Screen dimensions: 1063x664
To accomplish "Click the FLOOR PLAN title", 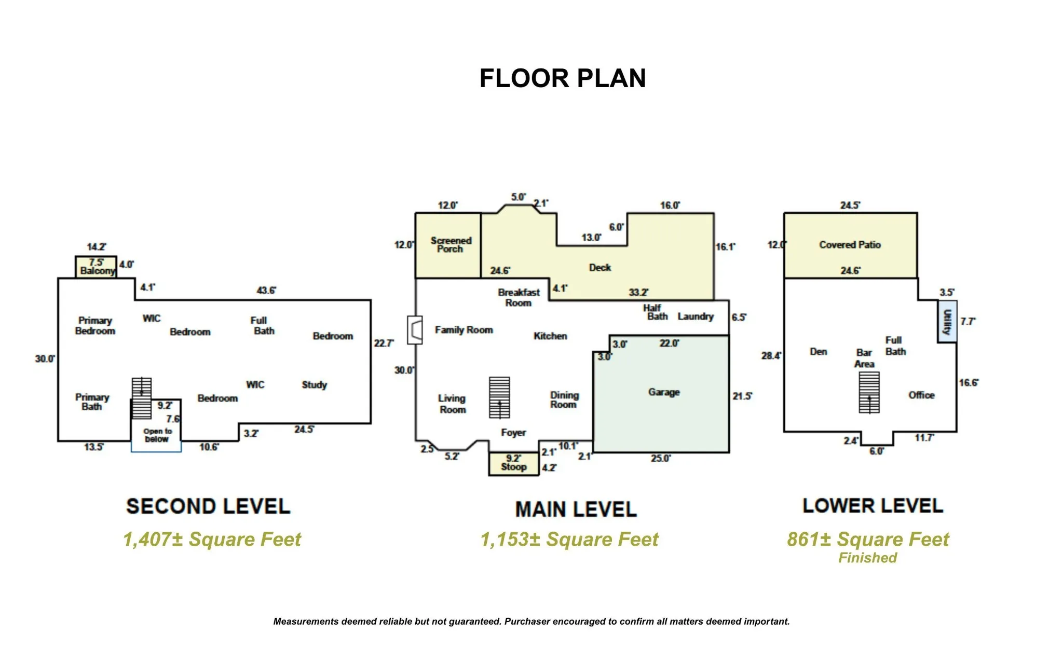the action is click(x=563, y=78).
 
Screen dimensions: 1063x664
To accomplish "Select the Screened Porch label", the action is click(x=451, y=245).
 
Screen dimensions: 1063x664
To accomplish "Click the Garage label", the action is click(x=664, y=392).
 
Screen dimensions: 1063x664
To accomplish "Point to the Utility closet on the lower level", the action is click(x=947, y=321).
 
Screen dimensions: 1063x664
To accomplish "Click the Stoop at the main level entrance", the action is click(x=514, y=464).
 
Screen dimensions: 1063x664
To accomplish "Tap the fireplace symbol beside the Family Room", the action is click(x=415, y=330).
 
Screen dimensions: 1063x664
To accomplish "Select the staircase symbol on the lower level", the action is click(x=869, y=393).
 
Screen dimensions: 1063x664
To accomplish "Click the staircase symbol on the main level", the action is click(x=499, y=398).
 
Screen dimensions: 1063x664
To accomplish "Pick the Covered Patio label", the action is click(x=850, y=245).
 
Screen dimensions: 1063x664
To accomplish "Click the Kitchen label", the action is click(x=550, y=336).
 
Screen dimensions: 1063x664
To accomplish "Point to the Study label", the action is click(x=315, y=385).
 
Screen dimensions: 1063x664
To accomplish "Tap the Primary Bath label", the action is click(x=92, y=402).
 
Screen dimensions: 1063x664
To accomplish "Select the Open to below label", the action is click(x=157, y=435).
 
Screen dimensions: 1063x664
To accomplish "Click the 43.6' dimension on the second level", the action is click(x=266, y=290).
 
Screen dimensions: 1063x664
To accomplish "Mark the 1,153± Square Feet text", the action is click(x=569, y=539).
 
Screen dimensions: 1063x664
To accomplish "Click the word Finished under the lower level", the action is click(x=867, y=558).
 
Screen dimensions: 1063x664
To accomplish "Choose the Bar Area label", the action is click(x=864, y=358).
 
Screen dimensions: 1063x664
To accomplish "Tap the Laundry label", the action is click(x=696, y=316).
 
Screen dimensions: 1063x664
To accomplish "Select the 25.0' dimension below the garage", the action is click(x=661, y=459).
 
